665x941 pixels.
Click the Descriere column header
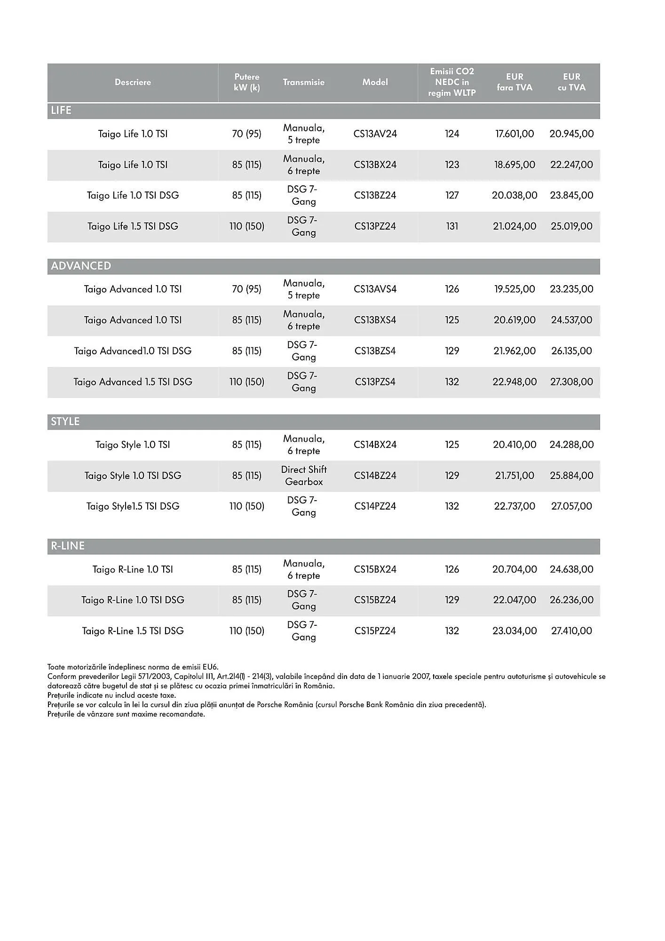pyautogui.click(x=133, y=82)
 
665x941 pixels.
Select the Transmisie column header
pyautogui.click(x=304, y=82)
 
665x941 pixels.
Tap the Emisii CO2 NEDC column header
pyautogui.click(x=452, y=82)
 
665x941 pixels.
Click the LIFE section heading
pyautogui.click(x=61, y=111)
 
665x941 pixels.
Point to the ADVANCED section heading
pyautogui.click(x=81, y=266)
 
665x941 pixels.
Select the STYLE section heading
pyautogui.click(x=65, y=422)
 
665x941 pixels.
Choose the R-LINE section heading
pyautogui.click(x=68, y=546)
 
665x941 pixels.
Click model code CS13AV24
pyautogui.click(x=375, y=134)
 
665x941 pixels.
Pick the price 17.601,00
pyautogui.click(x=515, y=134)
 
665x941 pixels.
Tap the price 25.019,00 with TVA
pyautogui.click(x=571, y=226)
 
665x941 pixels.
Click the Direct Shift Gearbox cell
pyautogui.click(x=304, y=476)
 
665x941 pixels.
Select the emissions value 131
pyautogui.click(x=452, y=226)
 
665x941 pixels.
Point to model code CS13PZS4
pyautogui.click(x=375, y=382)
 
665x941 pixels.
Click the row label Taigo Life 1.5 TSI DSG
pyautogui.click(x=133, y=226)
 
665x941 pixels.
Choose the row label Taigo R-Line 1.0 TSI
pyautogui.click(x=133, y=569)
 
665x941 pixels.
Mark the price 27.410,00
pyautogui.click(x=571, y=631)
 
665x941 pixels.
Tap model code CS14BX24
pyautogui.click(x=375, y=445)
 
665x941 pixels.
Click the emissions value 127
pyautogui.click(x=452, y=195)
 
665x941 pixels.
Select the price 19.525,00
pyautogui.click(x=515, y=289)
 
